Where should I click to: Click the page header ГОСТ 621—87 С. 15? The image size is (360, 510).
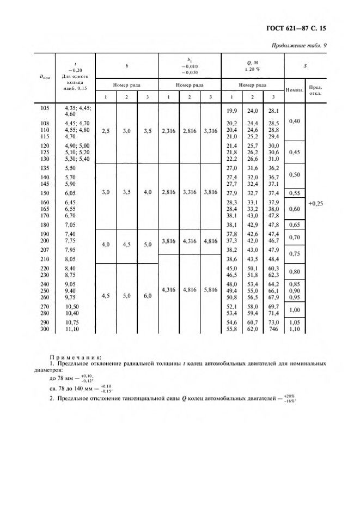[298, 27]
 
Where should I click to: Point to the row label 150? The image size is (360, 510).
[45, 193]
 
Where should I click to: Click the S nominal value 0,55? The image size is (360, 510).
[294, 193]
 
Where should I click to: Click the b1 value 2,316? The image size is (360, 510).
[170, 131]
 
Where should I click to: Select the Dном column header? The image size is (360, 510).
[45, 77]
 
